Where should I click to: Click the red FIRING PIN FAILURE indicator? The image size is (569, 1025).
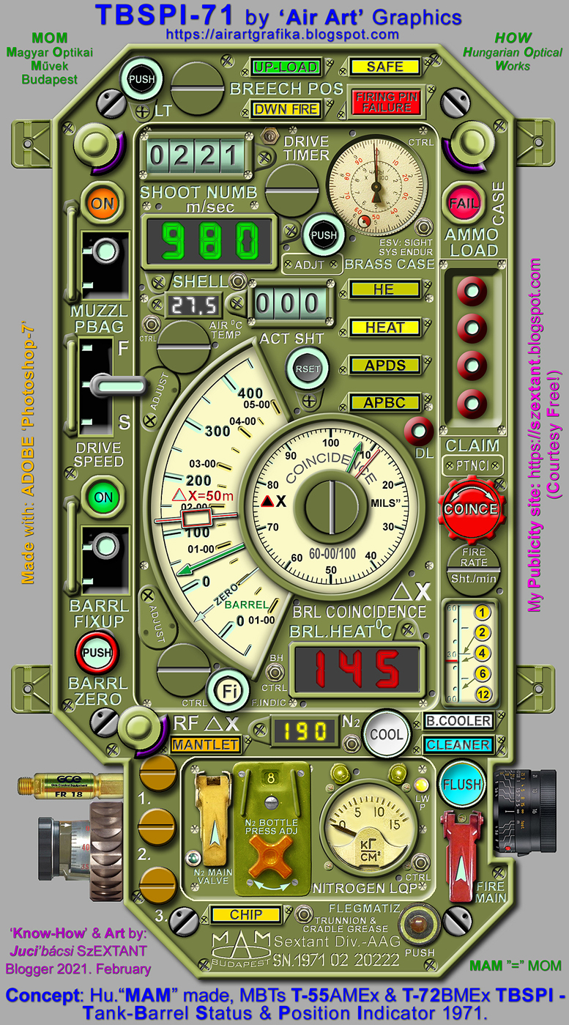(x=385, y=102)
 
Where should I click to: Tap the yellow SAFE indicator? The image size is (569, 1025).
(x=385, y=67)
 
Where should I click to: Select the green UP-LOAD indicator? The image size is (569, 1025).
(x=286, y=67)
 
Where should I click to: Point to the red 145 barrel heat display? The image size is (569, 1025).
(x=357, y=667)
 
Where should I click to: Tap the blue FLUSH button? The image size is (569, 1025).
(x=461, y=784)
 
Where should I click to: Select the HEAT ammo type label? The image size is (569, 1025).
(x=385, y=328)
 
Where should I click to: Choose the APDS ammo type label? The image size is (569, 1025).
(x=385, y=365)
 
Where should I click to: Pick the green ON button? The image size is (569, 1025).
(x=103, y=497)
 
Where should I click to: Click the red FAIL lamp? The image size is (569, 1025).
(x=464, y=202)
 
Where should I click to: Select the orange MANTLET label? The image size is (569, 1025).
(x=205, y=745)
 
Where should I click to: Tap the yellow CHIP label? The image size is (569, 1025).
(x=245, y=914)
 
